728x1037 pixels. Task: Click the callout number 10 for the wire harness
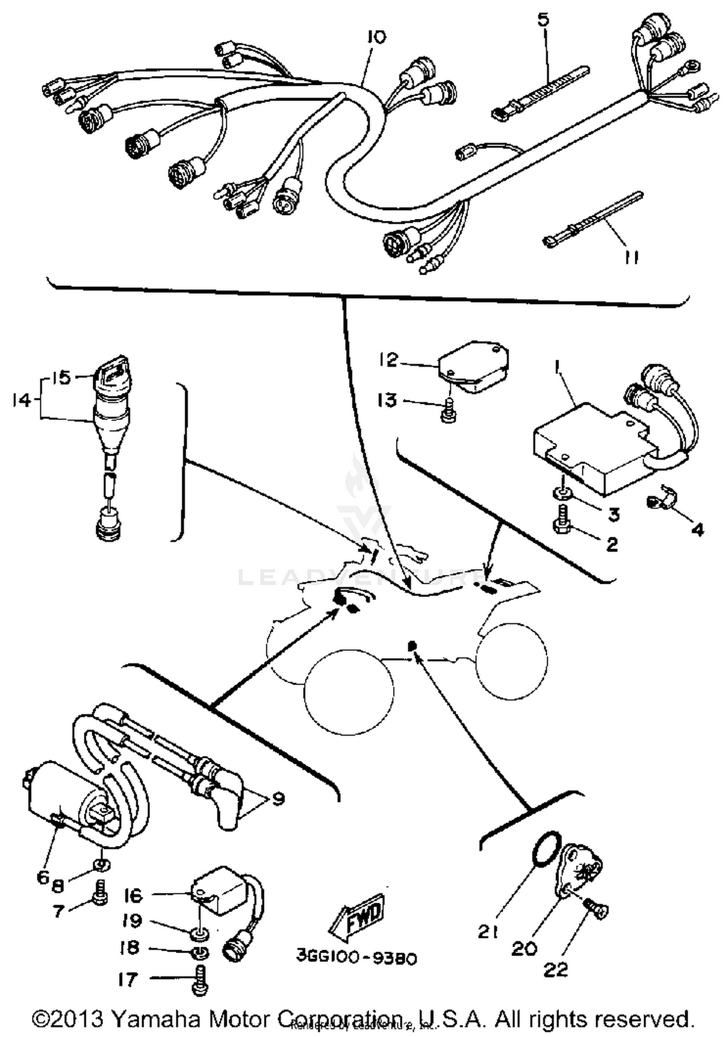click(x=376, y=37)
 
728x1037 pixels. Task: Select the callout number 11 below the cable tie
click(x=630, y=258)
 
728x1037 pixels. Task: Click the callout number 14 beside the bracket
click(x=21, y=400)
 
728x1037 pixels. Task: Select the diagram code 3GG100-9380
click(x=357, y=958)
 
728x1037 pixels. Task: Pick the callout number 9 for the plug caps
click(x=278, y=798)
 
